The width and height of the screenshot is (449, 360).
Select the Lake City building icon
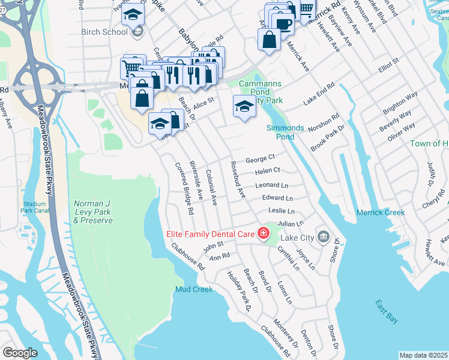point(324,236)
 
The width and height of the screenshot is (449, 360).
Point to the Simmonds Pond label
point(285,132)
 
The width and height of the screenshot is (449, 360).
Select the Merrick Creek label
point(381,212)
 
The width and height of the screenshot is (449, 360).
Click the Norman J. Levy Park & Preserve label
point(93,212)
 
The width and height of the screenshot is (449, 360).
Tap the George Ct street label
point(261,159)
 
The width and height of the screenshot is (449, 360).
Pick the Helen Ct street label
point(268,172)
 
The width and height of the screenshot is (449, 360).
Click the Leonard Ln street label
point(271,185)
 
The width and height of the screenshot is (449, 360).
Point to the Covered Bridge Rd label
point(184,188)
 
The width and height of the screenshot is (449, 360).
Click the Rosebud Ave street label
point(237,180)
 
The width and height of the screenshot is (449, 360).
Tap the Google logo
point(20,353)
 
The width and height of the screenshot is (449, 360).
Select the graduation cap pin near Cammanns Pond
point(244,107)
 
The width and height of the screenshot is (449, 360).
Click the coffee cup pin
point(283,24)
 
